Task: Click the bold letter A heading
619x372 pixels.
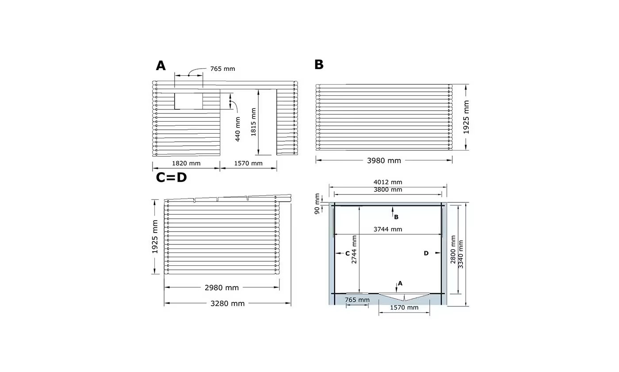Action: pyautogui.click(x=161, y=66)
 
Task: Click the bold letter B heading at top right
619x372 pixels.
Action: pyautogui.click(x=319, y=65)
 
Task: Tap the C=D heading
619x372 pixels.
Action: pyautogui.click(x=172, y=178)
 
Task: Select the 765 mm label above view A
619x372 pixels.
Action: pyautogui.click(x=222, y=69)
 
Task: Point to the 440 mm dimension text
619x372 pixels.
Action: pyautogui.click(x=238, y=129)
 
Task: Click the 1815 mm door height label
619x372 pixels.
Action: pyautogui.click(x=253, y=122)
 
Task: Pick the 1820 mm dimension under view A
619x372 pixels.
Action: pyautogui.click(x=186, y=163)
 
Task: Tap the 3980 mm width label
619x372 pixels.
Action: pyautogui.click(x=384, y=160)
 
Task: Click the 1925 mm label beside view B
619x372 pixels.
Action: pyautogui.click(x=466, y=117)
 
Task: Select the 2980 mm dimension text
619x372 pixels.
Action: pyautogui.click(x=222, y=288)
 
